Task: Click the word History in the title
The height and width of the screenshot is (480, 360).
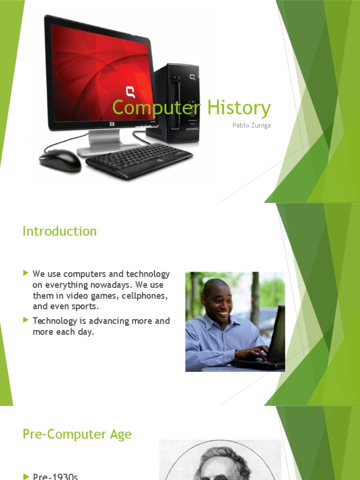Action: (239, 108)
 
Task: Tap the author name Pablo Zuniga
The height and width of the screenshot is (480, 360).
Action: (252, 126)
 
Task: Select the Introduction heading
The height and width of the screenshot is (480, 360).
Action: (60, 231)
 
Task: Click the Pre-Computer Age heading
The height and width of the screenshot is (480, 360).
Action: (77, 434)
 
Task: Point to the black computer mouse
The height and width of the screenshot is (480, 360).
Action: (60, 160)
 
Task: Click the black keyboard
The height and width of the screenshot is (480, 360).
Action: (139, 160)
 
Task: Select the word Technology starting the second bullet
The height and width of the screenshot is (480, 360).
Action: (54, 321)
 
